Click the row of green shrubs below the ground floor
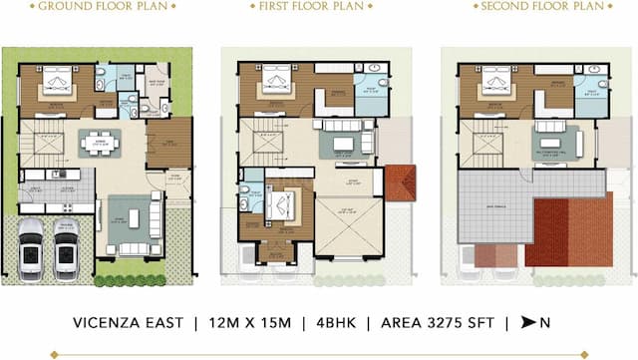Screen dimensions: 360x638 point(130,280)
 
